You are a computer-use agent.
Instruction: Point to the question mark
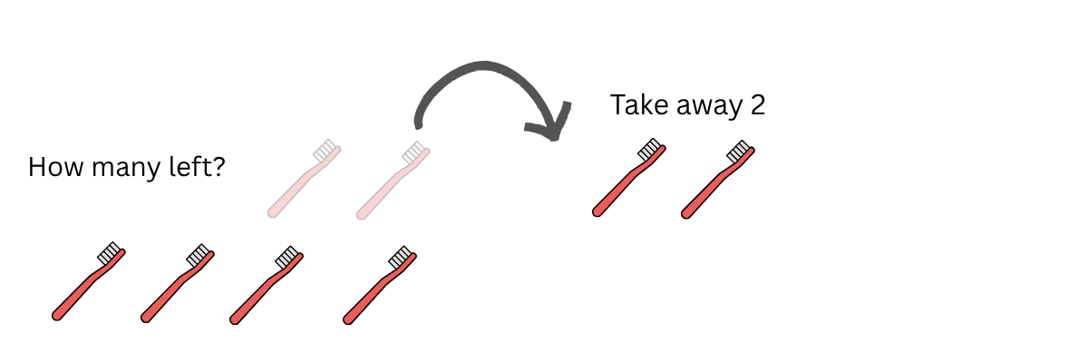point(218,166)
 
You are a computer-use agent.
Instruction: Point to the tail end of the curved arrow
point(418,124)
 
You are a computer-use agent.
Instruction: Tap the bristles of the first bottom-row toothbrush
point(109,253)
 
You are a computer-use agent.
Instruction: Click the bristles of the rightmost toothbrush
point(739,150)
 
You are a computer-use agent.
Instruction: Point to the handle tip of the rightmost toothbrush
point(686,214)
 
